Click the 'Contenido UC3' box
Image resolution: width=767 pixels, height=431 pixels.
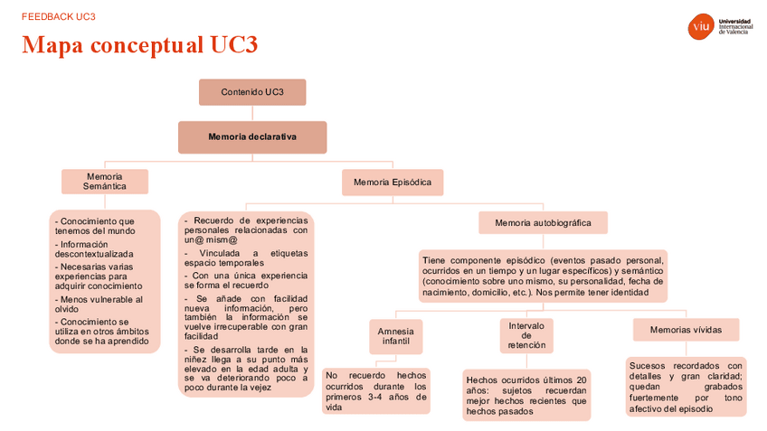[x=252, y=92]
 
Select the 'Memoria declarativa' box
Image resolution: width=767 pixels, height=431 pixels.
[x=252, y=137]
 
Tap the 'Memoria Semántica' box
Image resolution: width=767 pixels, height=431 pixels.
[x=104, y=181]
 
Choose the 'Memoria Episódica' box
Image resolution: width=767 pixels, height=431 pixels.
[x=393, y=182]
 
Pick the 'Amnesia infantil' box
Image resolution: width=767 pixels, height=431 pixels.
[x=395, y=335]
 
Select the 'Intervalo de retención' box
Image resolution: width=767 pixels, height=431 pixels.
[x=526, y=335]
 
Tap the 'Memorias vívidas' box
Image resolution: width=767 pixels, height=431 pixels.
[x=686, y=330]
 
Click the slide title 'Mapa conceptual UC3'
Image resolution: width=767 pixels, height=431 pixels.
[x=140, y=45]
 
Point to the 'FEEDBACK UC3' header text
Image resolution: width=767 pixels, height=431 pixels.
[x=59, y=16]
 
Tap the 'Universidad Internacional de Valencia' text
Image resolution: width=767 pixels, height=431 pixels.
[x=734, y=26]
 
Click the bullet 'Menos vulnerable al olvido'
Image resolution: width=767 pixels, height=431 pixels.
[x=99, y=304]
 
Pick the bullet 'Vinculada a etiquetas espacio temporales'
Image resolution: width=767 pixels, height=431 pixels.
[x=246, y=258]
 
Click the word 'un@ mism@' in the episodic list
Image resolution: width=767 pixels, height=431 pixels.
[x=211, y=241]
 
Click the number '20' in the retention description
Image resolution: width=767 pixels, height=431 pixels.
[x=582, y=379]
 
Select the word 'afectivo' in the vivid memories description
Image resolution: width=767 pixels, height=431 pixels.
[x=648, y=408]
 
